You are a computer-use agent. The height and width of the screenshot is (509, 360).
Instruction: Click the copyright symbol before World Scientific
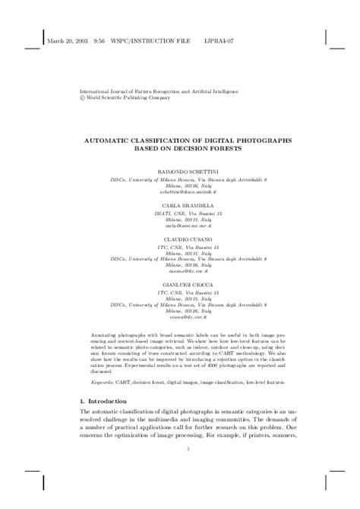(x=83, y=98)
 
